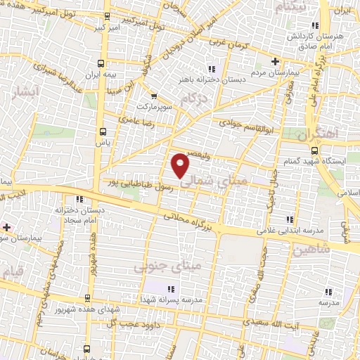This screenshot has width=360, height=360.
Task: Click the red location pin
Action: tap(181, 165)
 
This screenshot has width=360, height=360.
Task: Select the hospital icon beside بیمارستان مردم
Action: tap(275, 61)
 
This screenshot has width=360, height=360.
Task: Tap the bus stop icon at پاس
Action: tap(104, 131)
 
